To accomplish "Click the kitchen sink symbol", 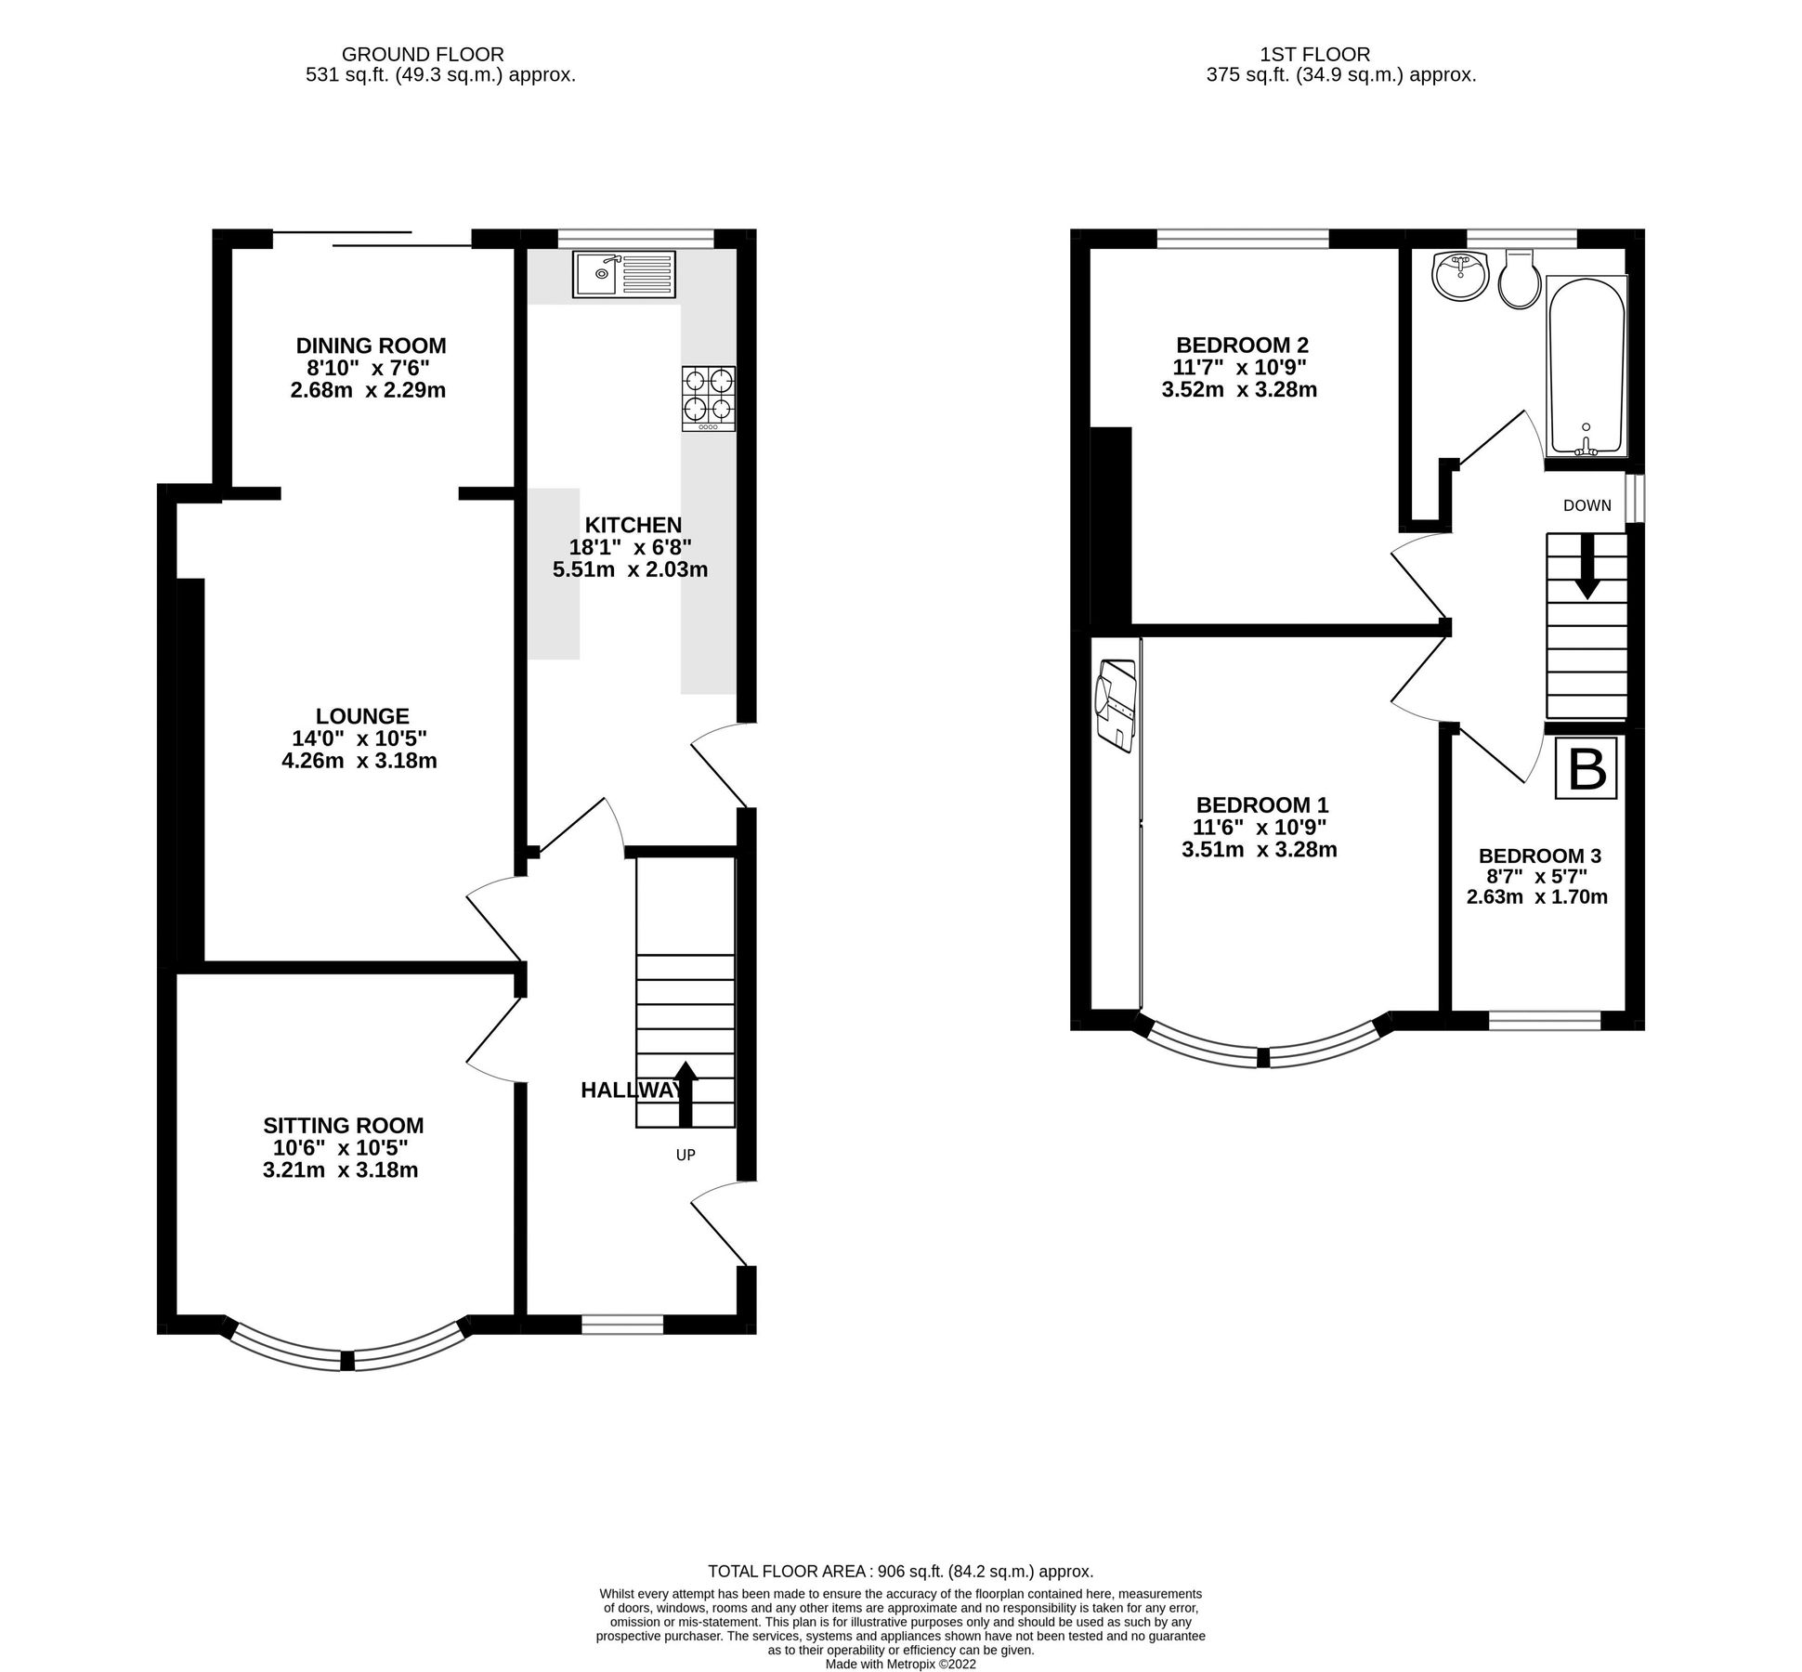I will click(623, 274).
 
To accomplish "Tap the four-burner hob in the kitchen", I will click(709, 398).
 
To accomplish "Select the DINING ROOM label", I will click(371, 346).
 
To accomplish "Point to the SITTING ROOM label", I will click(343, 1126).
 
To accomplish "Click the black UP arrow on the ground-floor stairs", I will click(685, 1093).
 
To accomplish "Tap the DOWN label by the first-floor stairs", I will click(1587, 505).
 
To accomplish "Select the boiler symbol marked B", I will click(1587, 769).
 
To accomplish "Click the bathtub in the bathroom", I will click(1586, 367).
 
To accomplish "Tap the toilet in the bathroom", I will click(1521, 280).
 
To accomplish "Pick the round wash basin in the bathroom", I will click(1461, 276).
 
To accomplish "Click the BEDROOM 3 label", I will click(1539, 856).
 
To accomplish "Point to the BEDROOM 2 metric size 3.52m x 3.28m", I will click(1239, 390).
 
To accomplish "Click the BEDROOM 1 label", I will click(1262, 804).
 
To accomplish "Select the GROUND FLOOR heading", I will click(422, 55).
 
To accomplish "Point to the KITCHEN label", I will click(633, 525).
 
